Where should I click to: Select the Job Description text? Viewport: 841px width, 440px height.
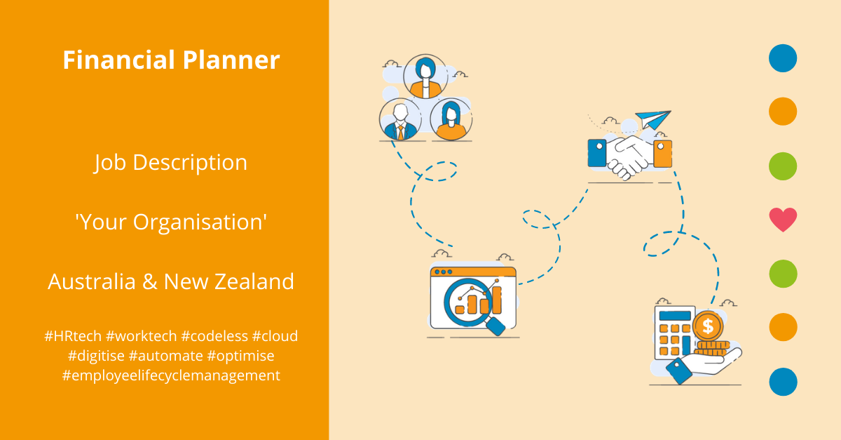click(171, 163)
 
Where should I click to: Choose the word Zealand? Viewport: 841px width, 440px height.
click(259, 281)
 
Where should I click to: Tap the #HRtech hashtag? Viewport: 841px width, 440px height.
click(73, 336)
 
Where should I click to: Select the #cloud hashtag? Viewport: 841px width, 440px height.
click(275, 336)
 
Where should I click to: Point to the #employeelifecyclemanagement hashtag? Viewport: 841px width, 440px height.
click(171, 375)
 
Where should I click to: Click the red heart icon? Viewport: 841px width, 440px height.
click(783, 220)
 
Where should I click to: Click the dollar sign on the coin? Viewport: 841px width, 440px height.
click(708, 326)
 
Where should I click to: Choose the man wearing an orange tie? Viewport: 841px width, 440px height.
click(400, 119)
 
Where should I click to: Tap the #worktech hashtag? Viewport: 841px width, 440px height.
click(142, 336)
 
